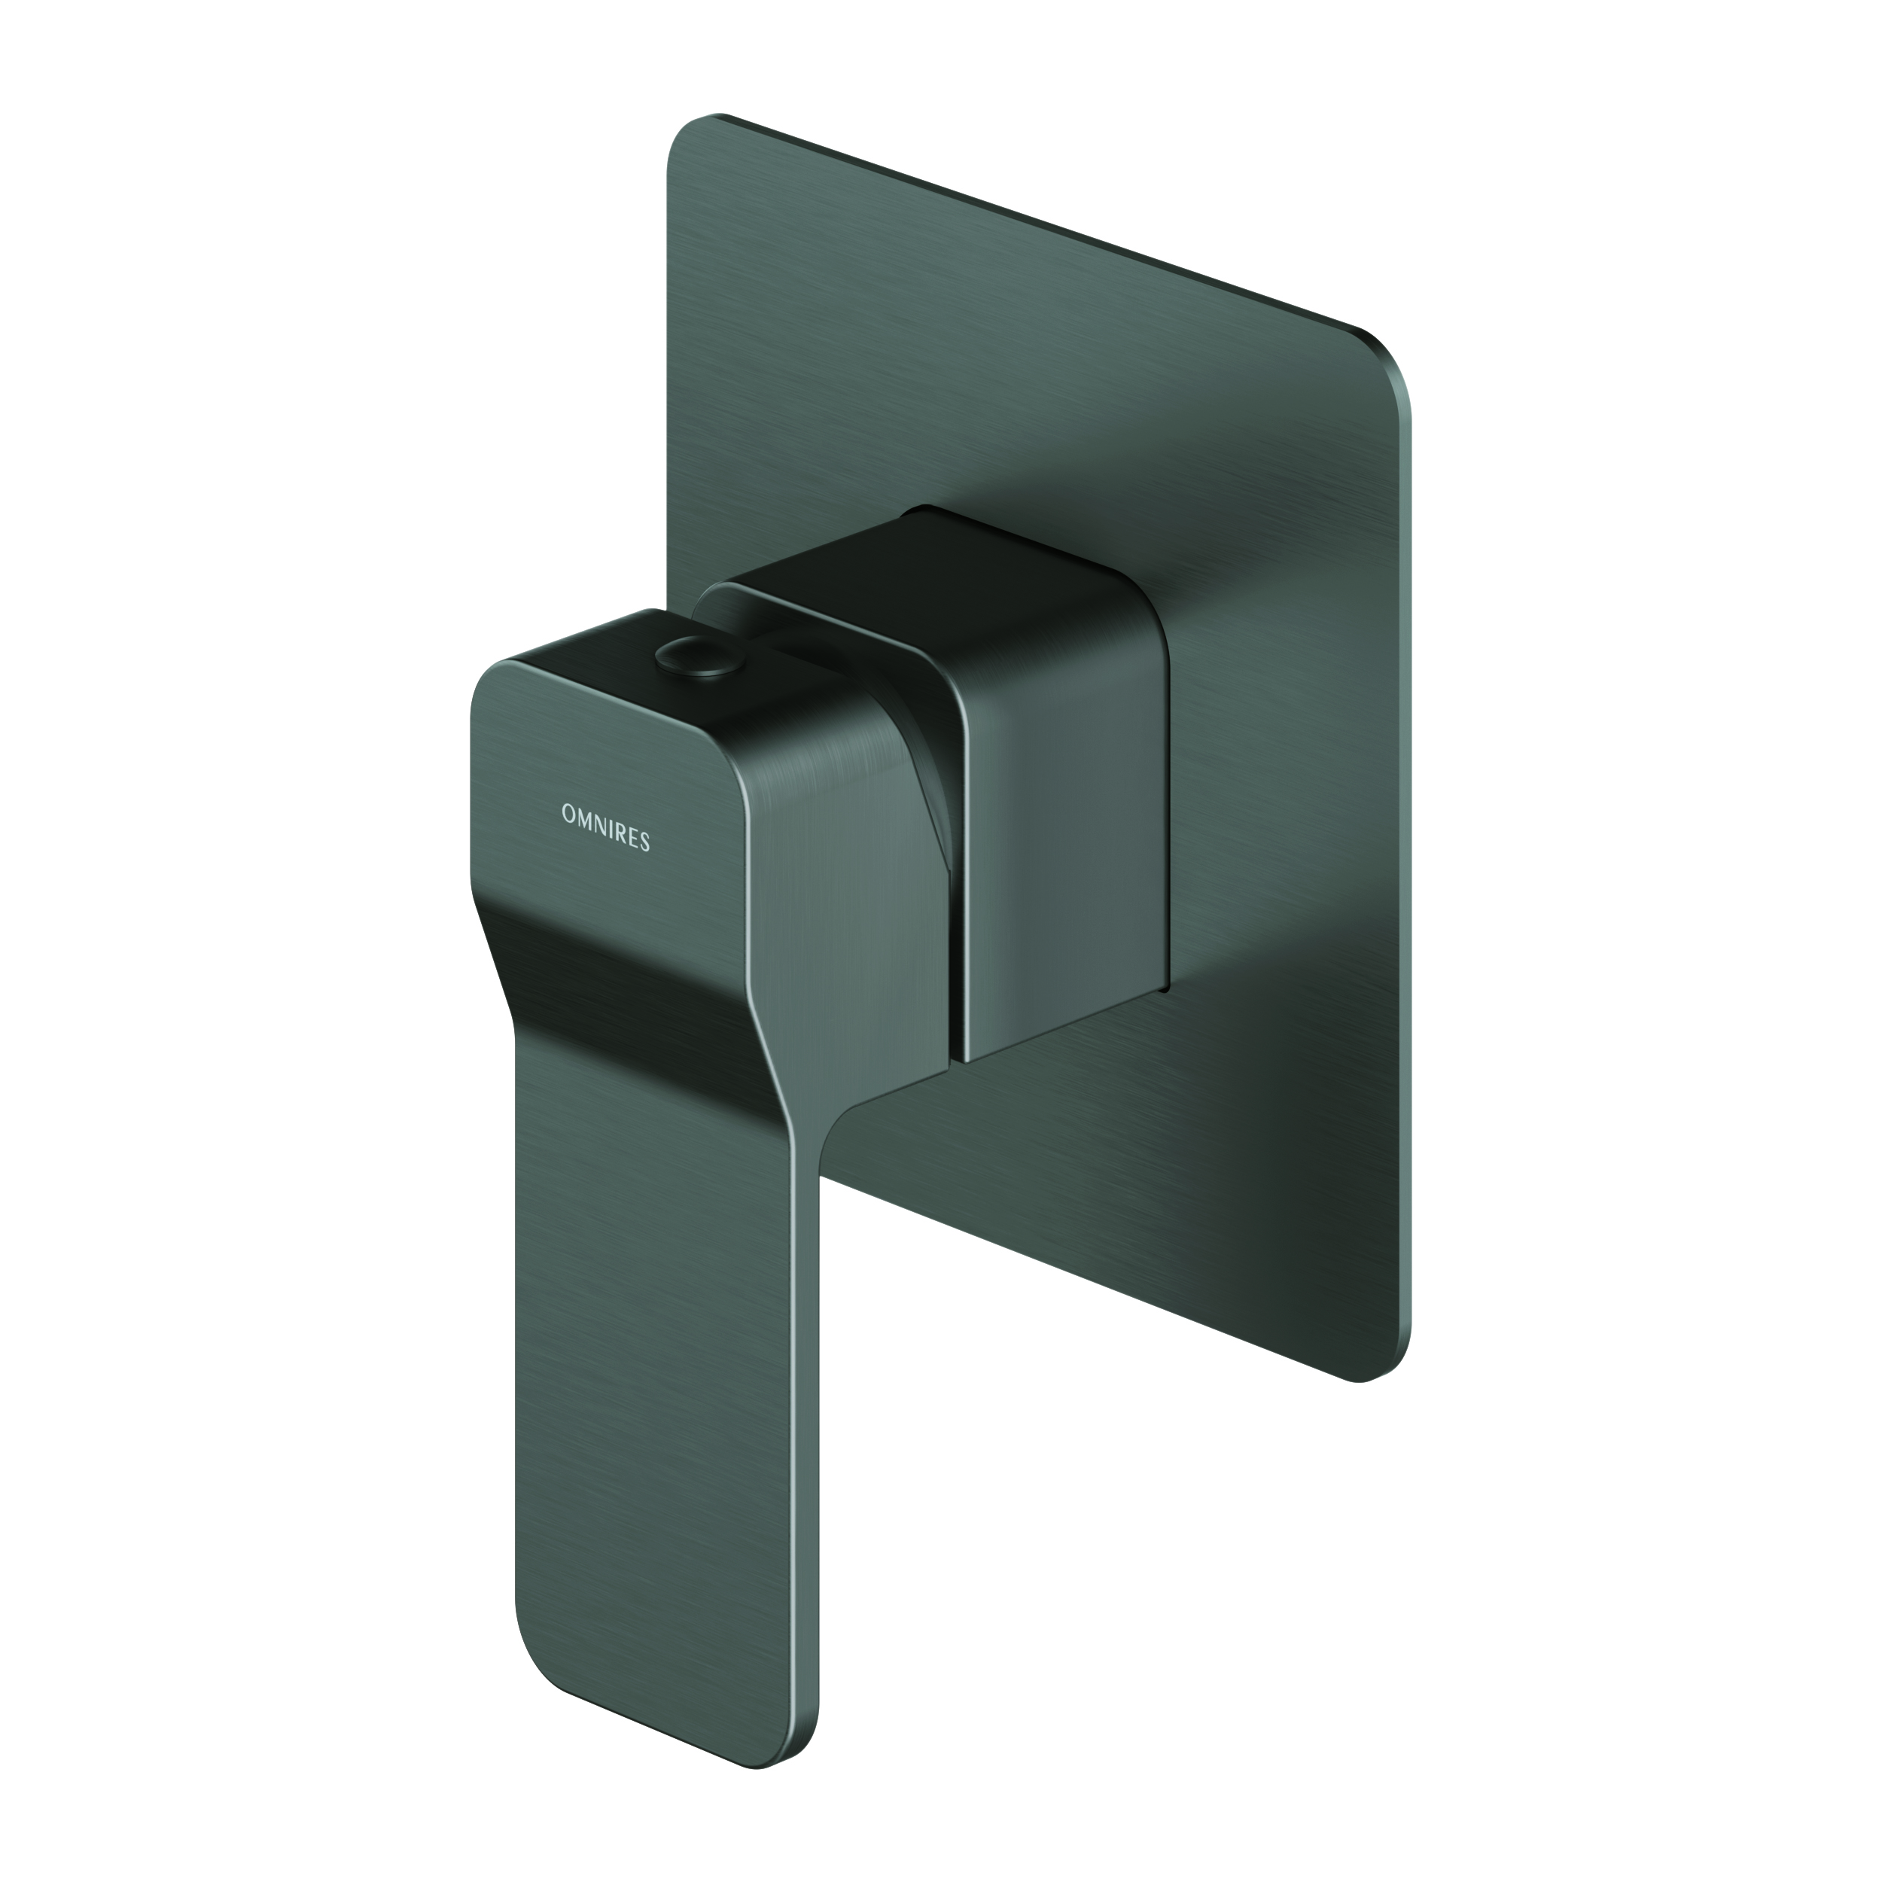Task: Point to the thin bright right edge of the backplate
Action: click(1408, 877)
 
